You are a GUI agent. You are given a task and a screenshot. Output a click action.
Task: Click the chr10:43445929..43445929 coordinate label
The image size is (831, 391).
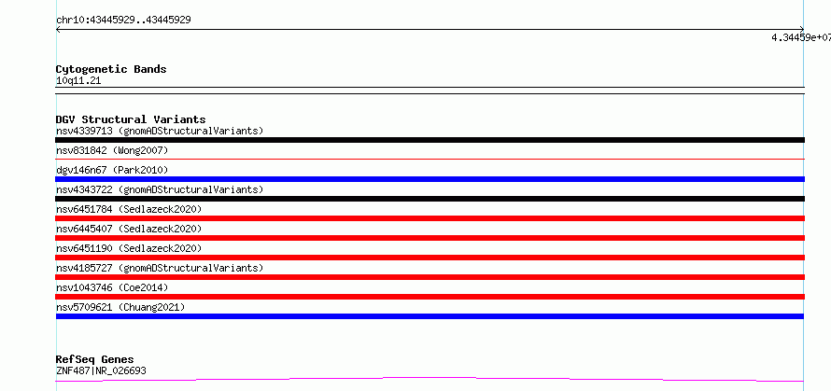pos(123,21)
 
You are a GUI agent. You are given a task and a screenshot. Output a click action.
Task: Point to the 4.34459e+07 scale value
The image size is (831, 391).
pos(801,37)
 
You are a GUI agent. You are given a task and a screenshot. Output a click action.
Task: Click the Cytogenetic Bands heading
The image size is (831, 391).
pos(111,69)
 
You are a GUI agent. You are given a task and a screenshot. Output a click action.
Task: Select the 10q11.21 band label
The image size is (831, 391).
pos(78,81)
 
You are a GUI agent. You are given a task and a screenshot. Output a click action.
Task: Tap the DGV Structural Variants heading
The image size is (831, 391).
pos(131,119)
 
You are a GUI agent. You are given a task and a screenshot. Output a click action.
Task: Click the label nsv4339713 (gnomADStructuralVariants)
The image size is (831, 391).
pos(160,131)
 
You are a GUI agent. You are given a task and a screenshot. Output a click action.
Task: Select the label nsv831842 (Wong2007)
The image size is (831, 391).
pos(112,150)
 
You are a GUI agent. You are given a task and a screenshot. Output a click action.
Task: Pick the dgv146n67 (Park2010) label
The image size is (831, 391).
pos(112,170)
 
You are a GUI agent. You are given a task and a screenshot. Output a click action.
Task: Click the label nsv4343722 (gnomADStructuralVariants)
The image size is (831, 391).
pos(160,189)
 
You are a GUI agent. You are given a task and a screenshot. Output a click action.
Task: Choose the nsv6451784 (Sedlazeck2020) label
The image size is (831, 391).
pos(129,209)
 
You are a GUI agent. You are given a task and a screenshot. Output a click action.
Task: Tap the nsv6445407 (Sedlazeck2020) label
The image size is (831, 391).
pos(129,229)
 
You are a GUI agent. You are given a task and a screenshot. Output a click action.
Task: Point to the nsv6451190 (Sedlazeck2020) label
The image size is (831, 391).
pos(129,248)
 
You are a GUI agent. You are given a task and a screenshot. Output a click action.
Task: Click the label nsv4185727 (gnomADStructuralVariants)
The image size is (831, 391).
pos(160,268)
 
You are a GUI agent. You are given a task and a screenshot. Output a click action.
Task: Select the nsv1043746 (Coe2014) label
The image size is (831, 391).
pos(112,287)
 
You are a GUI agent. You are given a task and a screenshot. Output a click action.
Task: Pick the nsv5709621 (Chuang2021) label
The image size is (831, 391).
pos(120,307)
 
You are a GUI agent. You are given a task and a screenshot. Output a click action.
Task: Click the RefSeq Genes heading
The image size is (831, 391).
pos(94,360)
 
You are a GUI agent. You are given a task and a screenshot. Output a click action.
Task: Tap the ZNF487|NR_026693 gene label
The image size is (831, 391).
pos(101,370)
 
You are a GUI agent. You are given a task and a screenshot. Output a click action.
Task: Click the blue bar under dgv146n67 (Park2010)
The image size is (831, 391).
pos(430,179)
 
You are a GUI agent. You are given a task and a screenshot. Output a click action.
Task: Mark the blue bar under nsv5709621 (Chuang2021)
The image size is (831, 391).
pos(430,316)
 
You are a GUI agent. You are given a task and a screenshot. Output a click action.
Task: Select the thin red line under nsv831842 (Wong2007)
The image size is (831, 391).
pos(430,159)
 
